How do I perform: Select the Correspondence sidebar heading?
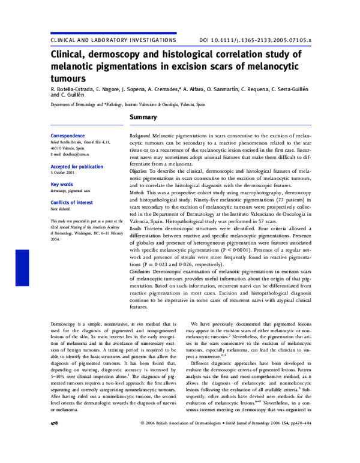click(68, 136)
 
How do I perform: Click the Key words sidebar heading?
click(62, 185)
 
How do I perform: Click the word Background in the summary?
click(140, 137)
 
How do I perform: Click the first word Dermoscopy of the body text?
click(64, 324)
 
